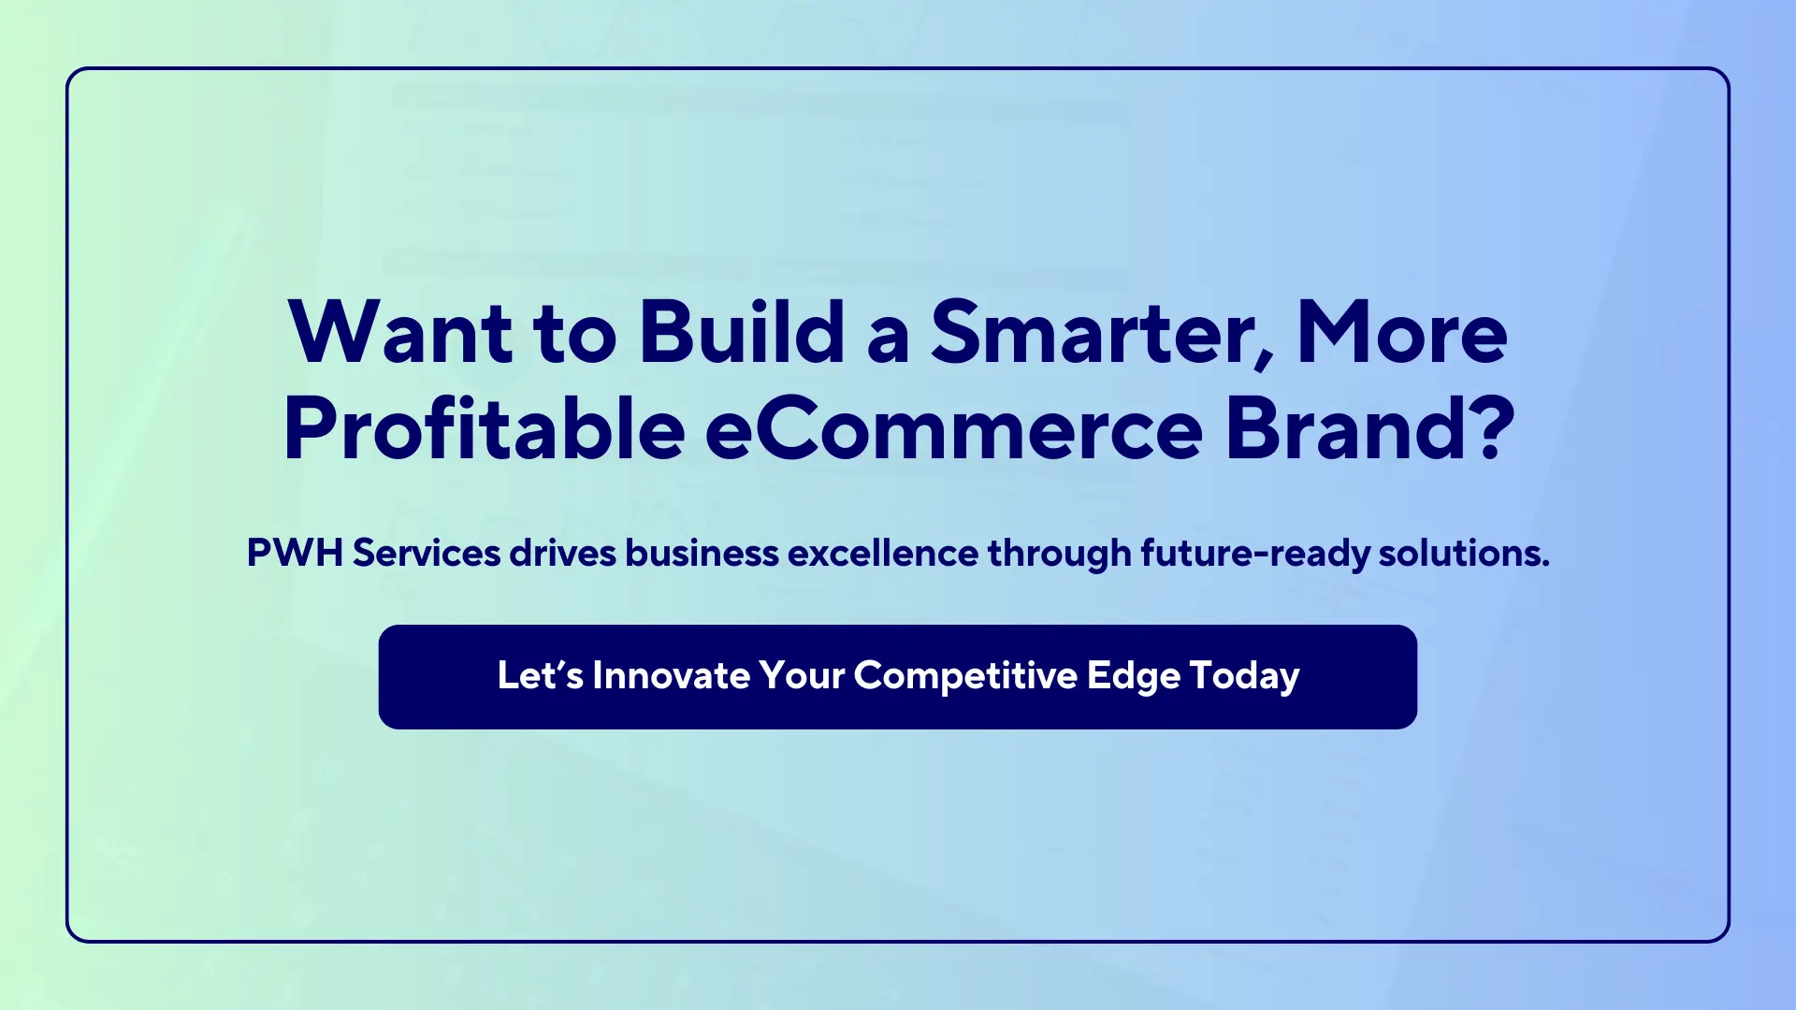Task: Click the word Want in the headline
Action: pyautogui.click(x=400, y=333)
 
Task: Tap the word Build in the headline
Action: pyautogui.click(x=742, y=333)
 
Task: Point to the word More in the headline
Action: pyautogui.click(x=1401, y=333)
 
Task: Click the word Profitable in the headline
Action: pyautogui.click(x=484, y=430)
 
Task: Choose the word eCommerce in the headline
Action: pyautogui.click(x=953, y=430)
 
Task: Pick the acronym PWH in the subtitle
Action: pyautogui.click(x=294, y=553)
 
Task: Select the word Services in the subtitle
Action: pyautogui.click(x=427, y=553)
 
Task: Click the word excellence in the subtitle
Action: pyautogui.click(x=882, y=553)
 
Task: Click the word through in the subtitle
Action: pyautogui.click(x=1059, y=553)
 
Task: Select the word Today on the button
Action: pyautogui.click(x=1244, y=676)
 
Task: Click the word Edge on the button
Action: pyautogui.click(x=1133, y=676)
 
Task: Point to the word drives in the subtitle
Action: pyautogui.click(x=562, y=553)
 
